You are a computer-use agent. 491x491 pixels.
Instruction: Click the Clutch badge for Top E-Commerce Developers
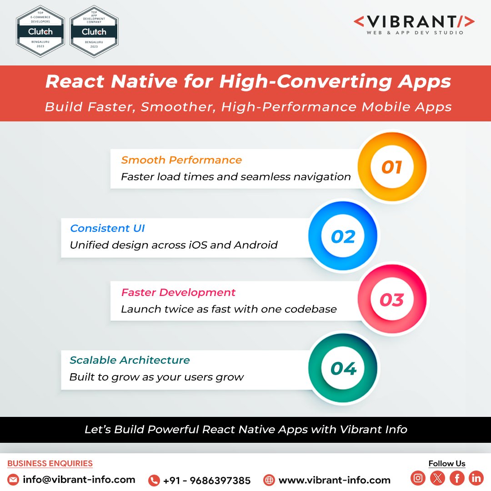click(40, 31)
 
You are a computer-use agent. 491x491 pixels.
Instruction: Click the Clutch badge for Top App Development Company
click(94, 31)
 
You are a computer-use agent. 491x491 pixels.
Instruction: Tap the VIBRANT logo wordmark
click(414, 22)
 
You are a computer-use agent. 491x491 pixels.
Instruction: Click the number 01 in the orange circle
click(392, 167)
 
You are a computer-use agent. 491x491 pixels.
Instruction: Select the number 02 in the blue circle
click(343, 237)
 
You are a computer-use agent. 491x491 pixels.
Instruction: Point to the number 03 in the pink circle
click(392, 300)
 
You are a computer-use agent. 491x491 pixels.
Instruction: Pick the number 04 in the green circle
click(343, 368)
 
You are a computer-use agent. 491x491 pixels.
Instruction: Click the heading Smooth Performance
click(181, 160)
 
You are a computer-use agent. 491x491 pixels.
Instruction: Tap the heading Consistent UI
click(107, 228)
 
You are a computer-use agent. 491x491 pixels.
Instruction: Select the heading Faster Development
click(178, 292)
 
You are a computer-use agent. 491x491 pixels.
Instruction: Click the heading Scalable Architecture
click(130, 360)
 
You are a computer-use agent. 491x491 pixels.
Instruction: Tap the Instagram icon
click(418, 478)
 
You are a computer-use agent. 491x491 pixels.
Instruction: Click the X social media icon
click(437, 478)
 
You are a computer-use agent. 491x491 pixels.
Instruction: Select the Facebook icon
click(457, 478)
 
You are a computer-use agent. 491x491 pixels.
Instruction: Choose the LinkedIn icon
click(476, 478)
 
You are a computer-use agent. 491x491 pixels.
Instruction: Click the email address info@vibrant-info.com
click(79, 480)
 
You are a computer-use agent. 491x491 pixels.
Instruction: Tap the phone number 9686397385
click(207, 481)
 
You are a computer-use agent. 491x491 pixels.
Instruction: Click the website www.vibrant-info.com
click(334, 480)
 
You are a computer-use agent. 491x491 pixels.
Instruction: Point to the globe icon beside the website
click(270, 480)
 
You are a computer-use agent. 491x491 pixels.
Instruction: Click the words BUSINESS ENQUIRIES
click(50, 464)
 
